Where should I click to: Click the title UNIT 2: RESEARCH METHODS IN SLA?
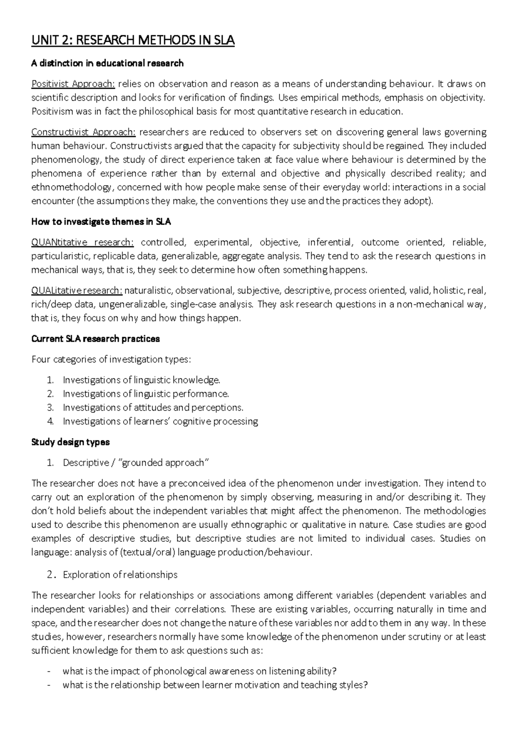133,41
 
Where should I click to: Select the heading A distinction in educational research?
107,63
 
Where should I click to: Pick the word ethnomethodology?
71,187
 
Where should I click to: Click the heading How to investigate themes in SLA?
101,222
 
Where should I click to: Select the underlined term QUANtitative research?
83,242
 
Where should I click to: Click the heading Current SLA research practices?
96,339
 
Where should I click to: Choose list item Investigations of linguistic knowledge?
141,380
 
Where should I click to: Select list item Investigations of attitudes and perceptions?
153,408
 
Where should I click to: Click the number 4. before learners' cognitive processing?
50,422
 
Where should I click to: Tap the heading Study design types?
71,442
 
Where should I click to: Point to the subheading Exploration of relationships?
120,575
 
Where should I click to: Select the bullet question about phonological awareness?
199,671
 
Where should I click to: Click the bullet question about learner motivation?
215,685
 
